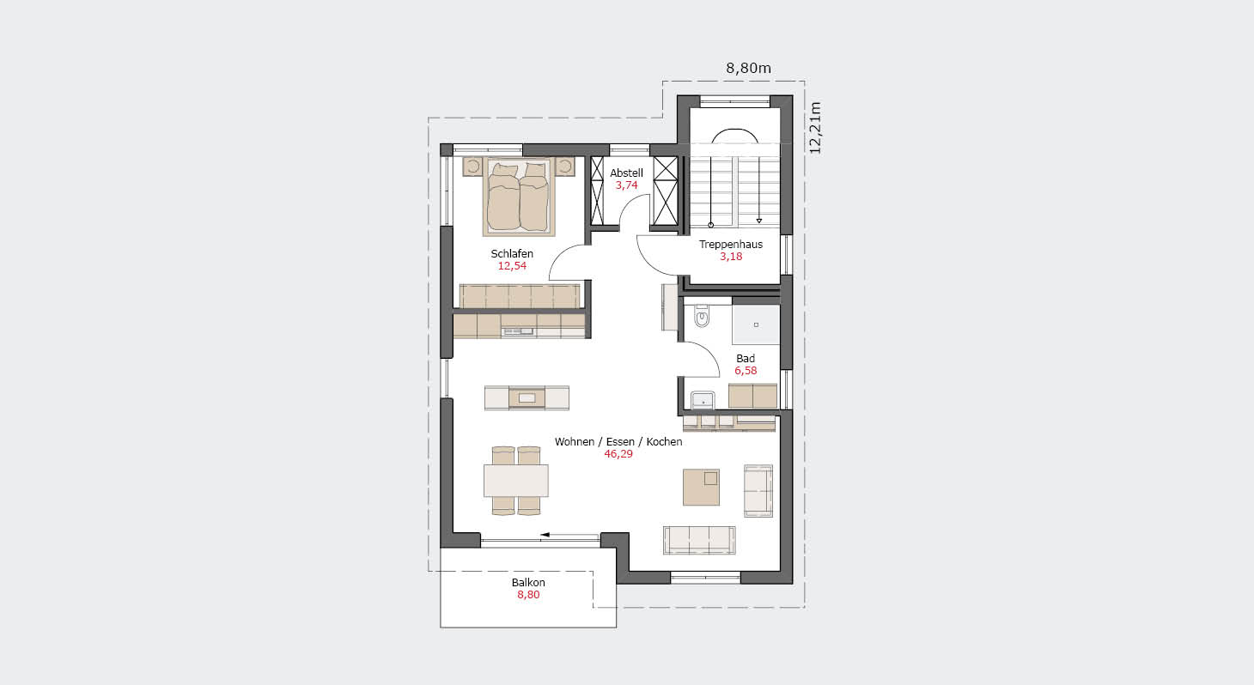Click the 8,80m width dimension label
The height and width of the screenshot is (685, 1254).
(x=748, y=69)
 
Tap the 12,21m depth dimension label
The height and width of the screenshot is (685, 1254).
(x=815, y=128)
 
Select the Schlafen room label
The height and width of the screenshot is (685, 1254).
(x=512, y=253)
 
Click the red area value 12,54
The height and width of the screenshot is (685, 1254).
(x=512, y=266)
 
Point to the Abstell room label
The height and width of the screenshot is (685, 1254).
(x=626, y=173)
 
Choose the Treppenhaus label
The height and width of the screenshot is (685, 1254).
(x=731, y=245)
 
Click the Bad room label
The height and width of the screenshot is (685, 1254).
(x=746, y=358)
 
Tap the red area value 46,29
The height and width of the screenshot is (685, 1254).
(x=618, y=454)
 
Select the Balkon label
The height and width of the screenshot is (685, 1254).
(x=528, y=583)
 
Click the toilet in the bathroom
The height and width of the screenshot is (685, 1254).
(x=702, y=316)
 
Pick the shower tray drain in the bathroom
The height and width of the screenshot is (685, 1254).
(x=756, y=324)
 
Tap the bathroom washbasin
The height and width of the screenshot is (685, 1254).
(x=703, y=400)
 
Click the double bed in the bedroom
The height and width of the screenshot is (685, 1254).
(x=519, y=197)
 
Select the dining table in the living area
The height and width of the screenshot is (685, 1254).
(x=516, y=480)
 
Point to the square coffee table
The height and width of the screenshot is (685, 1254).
(x=701, y=487)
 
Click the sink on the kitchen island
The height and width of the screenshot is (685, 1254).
(x=527, y=398)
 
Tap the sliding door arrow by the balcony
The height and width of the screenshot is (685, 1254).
(x=569, y=535)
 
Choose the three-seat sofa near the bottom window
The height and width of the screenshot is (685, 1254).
(x=699, y=540)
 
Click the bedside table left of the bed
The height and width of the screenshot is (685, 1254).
(x=473, y=167)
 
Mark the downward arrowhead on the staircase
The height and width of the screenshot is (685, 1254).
(x=759, y=221)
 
